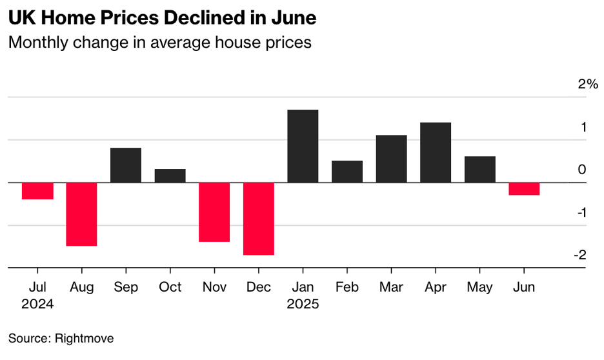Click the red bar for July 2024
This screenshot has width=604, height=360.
37,191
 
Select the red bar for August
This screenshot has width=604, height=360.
81,214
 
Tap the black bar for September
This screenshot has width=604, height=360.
126,165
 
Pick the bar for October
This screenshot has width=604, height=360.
170,175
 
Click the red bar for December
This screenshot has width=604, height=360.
259,219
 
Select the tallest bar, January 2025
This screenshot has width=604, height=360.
303,146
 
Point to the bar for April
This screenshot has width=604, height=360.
436,152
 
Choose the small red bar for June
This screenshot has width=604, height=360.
524,189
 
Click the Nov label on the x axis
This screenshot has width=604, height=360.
214,287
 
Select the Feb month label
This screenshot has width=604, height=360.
347,287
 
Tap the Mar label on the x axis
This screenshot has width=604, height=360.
392,287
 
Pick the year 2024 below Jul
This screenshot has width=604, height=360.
37,303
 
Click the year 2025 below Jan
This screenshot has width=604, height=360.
303,303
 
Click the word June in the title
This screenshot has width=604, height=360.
294,18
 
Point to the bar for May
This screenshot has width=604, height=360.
480,170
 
